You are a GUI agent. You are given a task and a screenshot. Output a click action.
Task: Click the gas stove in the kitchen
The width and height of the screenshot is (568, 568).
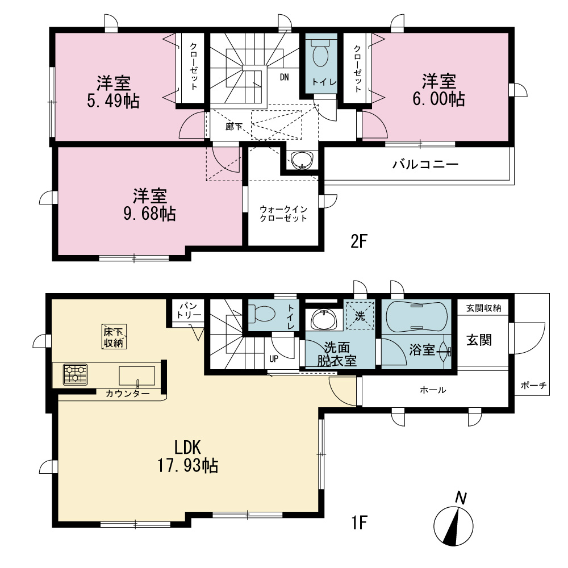(76, 374)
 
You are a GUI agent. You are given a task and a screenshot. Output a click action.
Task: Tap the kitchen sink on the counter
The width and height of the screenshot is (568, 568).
(137, 376)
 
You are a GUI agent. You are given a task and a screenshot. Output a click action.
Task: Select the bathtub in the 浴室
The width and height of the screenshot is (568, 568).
(416, 316)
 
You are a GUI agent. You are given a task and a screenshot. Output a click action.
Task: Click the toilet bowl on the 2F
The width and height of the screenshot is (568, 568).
(320, 53)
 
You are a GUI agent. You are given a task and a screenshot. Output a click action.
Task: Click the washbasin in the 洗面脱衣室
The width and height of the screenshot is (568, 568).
(324, 320)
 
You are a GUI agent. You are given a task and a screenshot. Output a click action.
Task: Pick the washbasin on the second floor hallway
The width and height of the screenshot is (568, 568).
(302, 161)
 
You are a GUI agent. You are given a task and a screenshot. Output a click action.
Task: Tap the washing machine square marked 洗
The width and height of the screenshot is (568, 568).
(360, 315)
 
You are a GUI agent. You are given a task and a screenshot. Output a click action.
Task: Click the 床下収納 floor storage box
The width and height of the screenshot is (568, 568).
(114, 336)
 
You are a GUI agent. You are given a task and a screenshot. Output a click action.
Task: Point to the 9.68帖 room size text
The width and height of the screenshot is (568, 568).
(149, 214)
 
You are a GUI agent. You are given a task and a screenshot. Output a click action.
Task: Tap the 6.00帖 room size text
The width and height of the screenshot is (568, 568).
(438, 98)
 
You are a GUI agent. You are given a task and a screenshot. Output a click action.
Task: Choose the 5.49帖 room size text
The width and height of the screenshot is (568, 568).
(113, 101)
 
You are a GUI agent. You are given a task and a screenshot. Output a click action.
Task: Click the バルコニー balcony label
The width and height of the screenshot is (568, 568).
(425, 165)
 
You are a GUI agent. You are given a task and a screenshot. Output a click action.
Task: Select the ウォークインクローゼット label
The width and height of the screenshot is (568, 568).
(283, 214)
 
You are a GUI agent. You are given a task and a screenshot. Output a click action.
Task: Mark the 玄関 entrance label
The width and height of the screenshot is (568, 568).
(479, 340)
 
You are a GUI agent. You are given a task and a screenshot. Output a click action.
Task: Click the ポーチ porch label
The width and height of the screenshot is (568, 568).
(533, 386)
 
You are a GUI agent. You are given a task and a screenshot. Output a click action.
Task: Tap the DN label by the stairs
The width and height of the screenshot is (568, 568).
(285, 77)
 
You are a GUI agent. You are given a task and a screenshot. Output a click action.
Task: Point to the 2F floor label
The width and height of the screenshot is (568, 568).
(359, 241)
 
